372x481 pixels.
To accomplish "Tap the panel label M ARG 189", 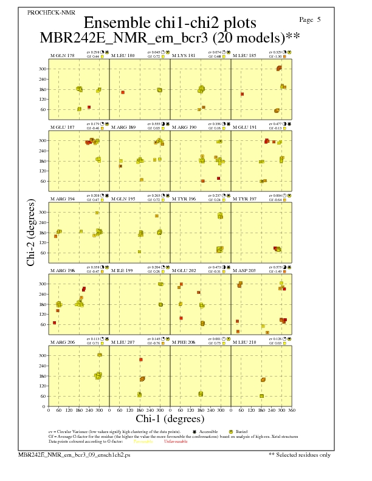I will pos(123,128).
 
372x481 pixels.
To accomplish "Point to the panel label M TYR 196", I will pos(184,199).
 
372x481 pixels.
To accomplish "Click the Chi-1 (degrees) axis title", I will pos(170,418).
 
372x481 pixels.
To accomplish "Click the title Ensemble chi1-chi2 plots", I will pos(165,22).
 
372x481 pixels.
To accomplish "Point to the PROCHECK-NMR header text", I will pos(47,13).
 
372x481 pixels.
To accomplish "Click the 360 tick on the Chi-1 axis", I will pos(292,411).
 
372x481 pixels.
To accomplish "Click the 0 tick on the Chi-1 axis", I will pos(49,411).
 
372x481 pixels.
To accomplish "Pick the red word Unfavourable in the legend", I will pos(176,442).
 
